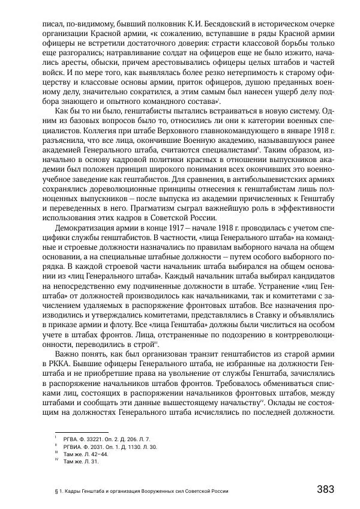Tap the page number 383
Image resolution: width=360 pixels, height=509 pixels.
pyautogui.click(x=325, y=489)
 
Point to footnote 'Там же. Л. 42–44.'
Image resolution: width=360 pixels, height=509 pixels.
pyautogui.click(x=86, y=454)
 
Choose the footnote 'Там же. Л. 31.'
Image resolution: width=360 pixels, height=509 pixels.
pyautogui.click(x=81, y=462)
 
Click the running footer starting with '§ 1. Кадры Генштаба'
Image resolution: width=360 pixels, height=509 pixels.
pyautogui.click(x=142, y=490)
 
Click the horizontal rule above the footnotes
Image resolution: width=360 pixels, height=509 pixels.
pyautogui.click(x=81, y=432)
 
